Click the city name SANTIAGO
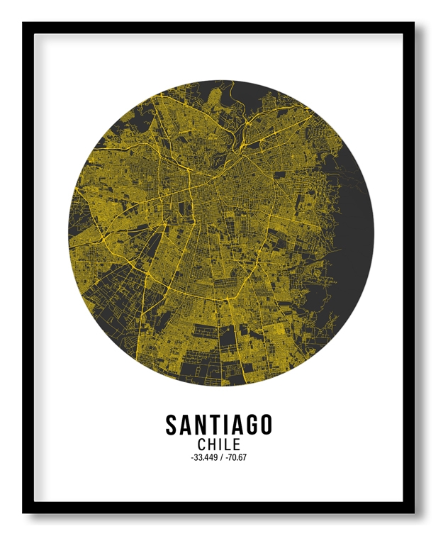pyautogui.click(x=219, y=425)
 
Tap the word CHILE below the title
pyautogui.click(x=219, y=445)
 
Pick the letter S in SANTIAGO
pyautogui.click(x=172, y=425)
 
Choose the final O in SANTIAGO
pyautogui.click(x=265, y=425)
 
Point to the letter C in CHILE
pyautogui.click(x=203, y=445)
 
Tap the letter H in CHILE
pyautogui.click(x=213, y=445)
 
